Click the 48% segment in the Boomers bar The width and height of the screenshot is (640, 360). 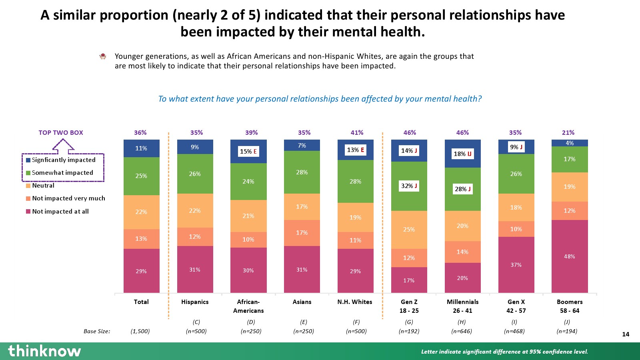pyautogui.click(x=570, y=256)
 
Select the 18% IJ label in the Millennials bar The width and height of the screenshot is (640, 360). pyautogui.click(x=462, y=154)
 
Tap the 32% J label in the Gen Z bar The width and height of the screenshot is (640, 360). pyautogui.click(x=409, y=186)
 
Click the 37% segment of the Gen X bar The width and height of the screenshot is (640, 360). pyautogui.click(x=516, y=265)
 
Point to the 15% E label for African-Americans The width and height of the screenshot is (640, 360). pyautogui.click(x=248, y=152)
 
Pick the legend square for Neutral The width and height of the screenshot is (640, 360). pyautogui.click(x=28, y=186)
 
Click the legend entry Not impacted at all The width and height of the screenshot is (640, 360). pyautogui.click(x=60, y=212)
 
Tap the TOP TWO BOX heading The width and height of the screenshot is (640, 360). pyautogui.click(x=61, y=133)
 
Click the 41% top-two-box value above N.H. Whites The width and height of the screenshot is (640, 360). pyautogui.click(x=357, y=133)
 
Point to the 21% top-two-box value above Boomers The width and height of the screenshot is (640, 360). pyautogui.click(x=568, y=133)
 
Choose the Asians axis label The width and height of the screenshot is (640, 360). pyautogui.click(x=302, y=302)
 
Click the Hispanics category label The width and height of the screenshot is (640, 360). pyautogui.click(x=195, y=302)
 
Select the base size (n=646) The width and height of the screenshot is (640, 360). pyautogui.click(x=462, y=331)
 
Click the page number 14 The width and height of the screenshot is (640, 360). pyautogui.click(x=626, y=334)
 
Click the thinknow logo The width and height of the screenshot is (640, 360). pyautogui.click(x=44, y=351)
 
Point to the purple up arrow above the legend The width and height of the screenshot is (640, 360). pyautogui.click(x=63, y=146)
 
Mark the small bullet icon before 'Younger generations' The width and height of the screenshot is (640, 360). pyautogui.click(x=103, y=56)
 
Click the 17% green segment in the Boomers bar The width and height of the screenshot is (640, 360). pyautogui.click(x=570, y=159)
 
